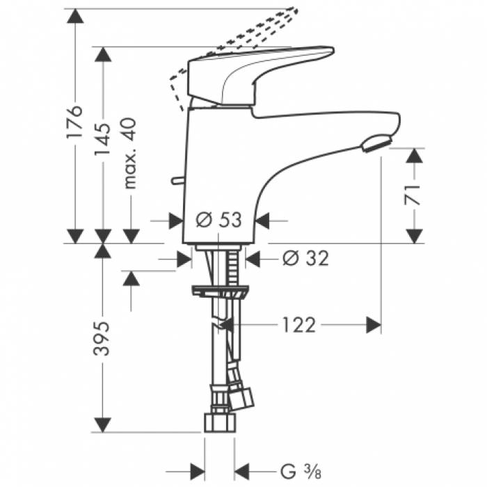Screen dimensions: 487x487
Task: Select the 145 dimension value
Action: pos(102,141)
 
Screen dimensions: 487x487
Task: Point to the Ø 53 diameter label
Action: pos(218,220)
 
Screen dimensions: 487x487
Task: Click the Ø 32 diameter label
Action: pos(305,258)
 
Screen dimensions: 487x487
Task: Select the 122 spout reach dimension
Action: pos(299,324)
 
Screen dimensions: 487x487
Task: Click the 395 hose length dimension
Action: pos(102,339)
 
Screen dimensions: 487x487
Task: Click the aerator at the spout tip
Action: pos(375,143)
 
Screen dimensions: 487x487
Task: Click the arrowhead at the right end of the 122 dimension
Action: pos(374,324)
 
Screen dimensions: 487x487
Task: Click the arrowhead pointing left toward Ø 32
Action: pos(255,258)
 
